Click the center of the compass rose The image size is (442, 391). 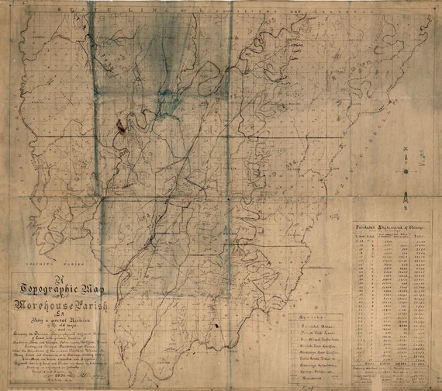(x=406, y=164)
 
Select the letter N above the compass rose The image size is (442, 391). (x=406, y=147)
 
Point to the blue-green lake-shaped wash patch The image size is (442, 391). (x=167, y=105)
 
